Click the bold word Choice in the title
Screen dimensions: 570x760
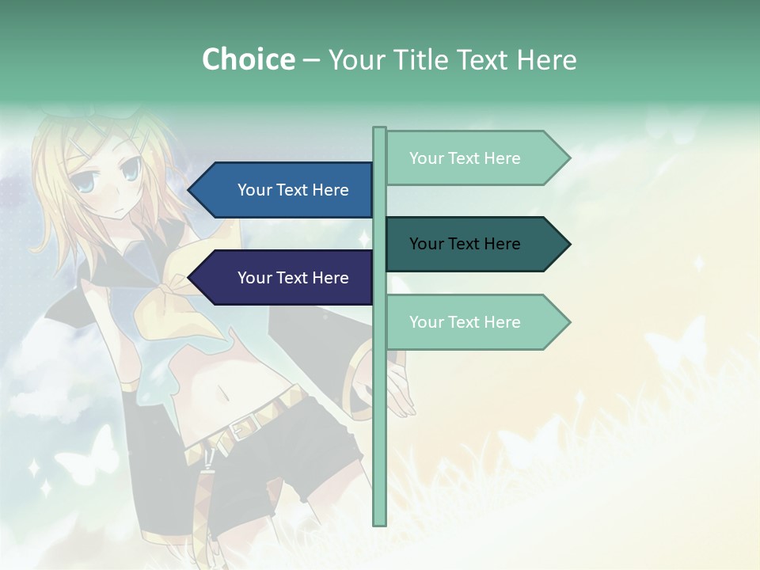tap(248, 59)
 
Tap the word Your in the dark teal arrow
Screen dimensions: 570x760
tap(427, 244)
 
